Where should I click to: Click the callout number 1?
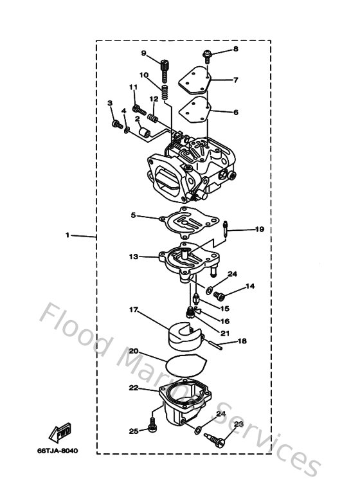pyautogui.click(x=67, y=235)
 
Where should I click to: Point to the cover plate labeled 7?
pyautogui.click(x=195, y=80)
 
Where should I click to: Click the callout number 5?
pyautogui.click(x=133, y=215)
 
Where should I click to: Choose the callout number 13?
pyautogui.click(x=133, y=257)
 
